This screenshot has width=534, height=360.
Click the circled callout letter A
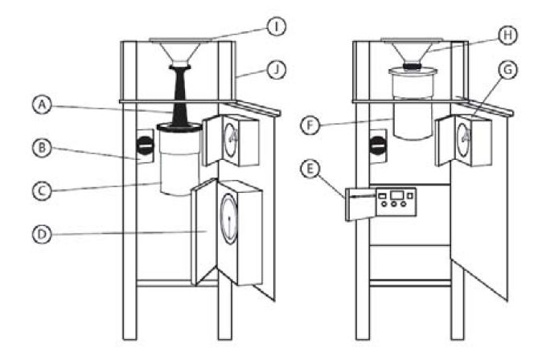pyautogui.click(x=42, y=104)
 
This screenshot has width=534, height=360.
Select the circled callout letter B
pyautogui.click(x=42, y=148)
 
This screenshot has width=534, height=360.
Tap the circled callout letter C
pyautogui.click(x=42, y=191)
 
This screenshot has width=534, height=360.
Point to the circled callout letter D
pyautogui.click(x=42, y=235)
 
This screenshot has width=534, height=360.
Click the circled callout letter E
pyautogui.click(x=310, y=169)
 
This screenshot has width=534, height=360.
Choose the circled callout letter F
pyautogui.click(x=310, y=125)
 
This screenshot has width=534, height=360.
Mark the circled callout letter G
pyautogui.click(x=507, y=70)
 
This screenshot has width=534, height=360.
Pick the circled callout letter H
pyautogui.click(x=507, y=35)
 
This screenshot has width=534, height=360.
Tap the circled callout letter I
pyautogui.click(x=276, y=27)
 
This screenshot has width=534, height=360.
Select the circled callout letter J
pyautogui.click(x=276, y=70)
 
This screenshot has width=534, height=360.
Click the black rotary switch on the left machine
pyautogui.click(x=145, y=145)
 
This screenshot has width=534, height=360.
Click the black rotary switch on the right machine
pyautogui.click(x=378, y=145)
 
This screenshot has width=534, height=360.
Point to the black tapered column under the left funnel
pyautogui.click(x=179, y=97)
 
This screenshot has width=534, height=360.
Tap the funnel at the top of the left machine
pyautogui.click(x=179, y=52)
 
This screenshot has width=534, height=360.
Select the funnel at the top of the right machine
pyautogui.click(x=412, y=51)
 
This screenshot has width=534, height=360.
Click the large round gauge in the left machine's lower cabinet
pyautogui.click(x=228, y=219)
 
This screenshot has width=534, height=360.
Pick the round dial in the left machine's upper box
pyautogui.click(x=231, y=140)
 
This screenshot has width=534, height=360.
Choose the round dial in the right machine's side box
pyautogui.click(x=462, y=140)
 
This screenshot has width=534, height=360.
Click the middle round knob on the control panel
pyautogui.click(x=394, y=204)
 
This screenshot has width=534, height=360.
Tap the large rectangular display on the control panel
pyautogui.click(x=396, y=195)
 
